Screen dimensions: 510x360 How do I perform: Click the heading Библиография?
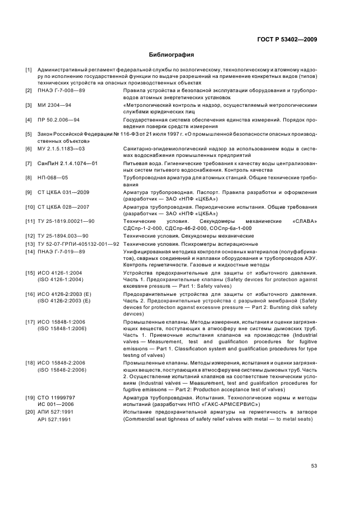pyautogui.click(x=172, y=54)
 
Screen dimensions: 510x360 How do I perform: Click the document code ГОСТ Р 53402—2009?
pyautogui.click(x=287, y=39)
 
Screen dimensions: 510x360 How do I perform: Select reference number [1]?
pyautogui.click(x=29, y=71)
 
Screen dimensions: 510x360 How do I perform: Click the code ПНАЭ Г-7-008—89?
pyautogui.click(x=62, y=90)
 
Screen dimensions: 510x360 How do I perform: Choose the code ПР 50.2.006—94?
pyautogui.click(x=59, y=119)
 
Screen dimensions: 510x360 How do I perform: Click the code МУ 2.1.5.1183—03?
pyautogui.click(x=61, y=149)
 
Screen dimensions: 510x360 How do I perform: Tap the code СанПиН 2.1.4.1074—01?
pyautogui.click(x=68, y=163)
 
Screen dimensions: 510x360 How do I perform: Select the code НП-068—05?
pyautogui.click(x=53, y=178)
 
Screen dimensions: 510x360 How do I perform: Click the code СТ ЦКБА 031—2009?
pyautogui.click(x=64, y=192)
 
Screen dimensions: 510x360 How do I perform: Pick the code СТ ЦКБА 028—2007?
pyautogui.click(x=64, y=207)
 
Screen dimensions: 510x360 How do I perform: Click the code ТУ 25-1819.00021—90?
pyautogui.click(x=66, y=222)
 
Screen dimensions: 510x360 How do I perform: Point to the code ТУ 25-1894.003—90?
pyautogui.click(x=63, y=236)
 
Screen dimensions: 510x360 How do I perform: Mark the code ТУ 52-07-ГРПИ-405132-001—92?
pyautogui.click(x=78, y=244)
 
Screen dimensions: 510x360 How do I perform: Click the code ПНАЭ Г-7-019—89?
pyautogui.click(x=62, y=251)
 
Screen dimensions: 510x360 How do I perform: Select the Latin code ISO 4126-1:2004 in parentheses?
pyautogui.click(x=60, y=279)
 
